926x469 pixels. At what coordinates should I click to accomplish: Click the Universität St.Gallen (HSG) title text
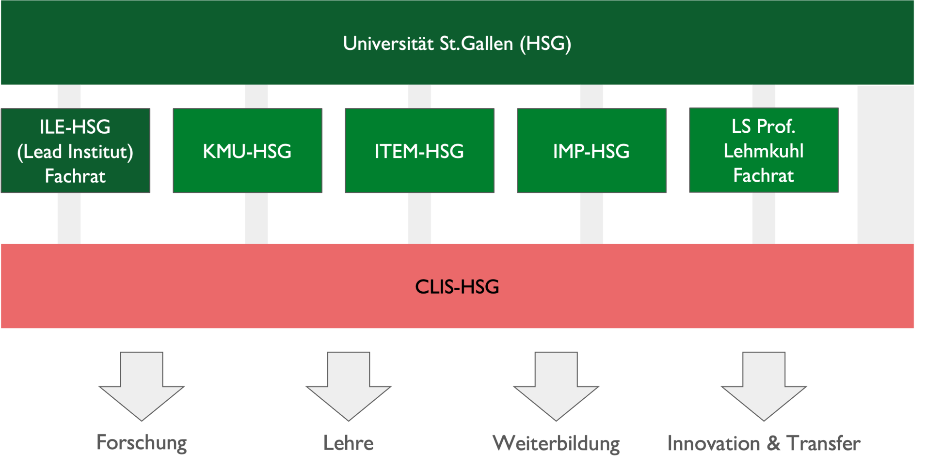click(x=457, y=44)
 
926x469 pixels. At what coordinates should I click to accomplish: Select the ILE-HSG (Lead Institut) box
click(x=75, y=151)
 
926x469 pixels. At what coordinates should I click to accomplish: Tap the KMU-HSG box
click(x=247, y=151)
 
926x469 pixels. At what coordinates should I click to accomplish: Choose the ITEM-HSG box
click(x=419, y=151)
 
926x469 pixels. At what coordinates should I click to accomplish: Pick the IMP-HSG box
click(x=591, y=151)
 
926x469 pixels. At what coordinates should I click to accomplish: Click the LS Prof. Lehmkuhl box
click(x=764, y=150)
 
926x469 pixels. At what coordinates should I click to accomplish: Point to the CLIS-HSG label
click(x=457, y=287)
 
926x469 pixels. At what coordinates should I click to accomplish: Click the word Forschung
click(x=142, y=443)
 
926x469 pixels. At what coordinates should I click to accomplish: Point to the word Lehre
click(x=349, y=443)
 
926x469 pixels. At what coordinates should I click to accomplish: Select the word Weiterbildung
click(x=556, y=443)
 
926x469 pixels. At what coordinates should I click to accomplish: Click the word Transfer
click(x=823, y=443)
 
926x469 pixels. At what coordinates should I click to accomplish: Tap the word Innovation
click(x=713, y=443)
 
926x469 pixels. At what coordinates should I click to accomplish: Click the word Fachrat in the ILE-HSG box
click(x=75, y=176)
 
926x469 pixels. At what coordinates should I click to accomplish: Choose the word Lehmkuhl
click(x=764, y=151)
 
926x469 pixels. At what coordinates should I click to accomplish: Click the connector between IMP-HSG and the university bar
click(x=591, y=96)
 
